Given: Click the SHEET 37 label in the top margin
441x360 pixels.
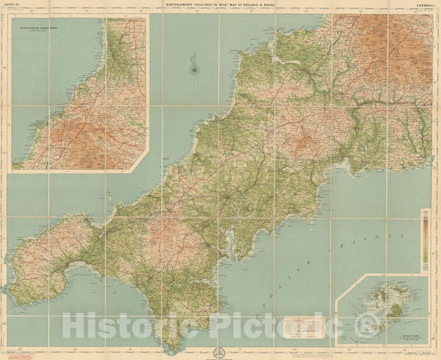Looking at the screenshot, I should click(17, 8).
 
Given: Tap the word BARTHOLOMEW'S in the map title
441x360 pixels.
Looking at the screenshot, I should click(169, 8).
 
